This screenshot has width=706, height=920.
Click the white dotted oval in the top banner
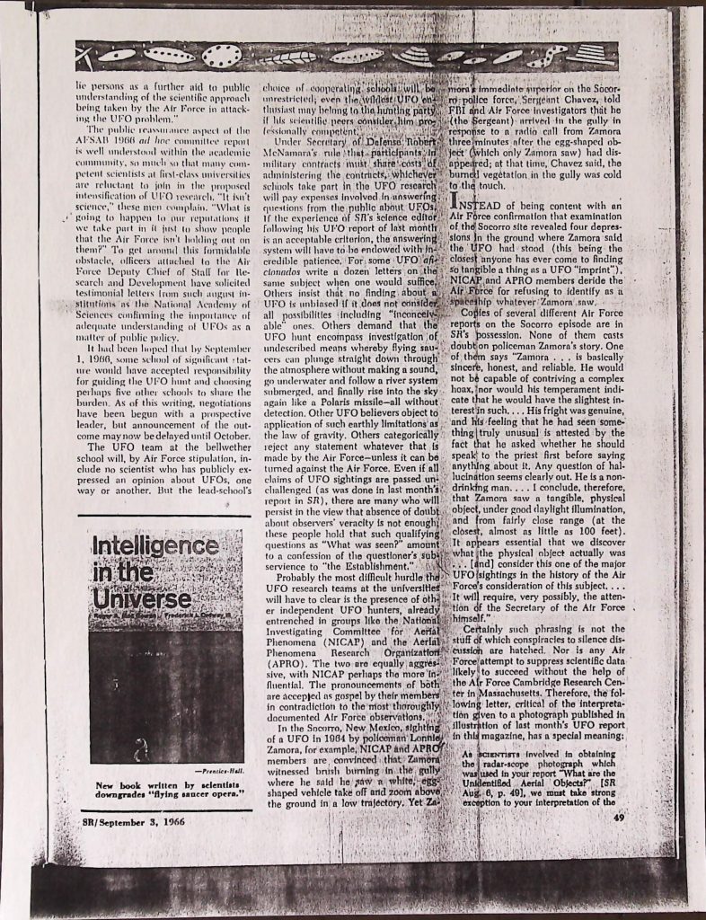[221, 56]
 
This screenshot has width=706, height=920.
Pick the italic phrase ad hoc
[158, 142]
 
